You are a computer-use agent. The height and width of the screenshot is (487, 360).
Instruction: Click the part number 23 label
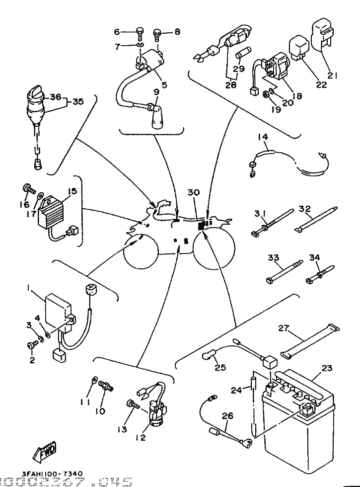click(x=327, y=369)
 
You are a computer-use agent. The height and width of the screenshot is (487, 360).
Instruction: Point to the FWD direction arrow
click(x=45, y=452)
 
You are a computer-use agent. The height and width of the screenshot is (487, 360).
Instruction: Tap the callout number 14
click(x=263, y=137)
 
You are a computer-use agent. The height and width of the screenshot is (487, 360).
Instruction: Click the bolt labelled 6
click(x=140, y=34)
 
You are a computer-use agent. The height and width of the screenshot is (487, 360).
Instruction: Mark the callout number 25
click(x=219, y=368)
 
